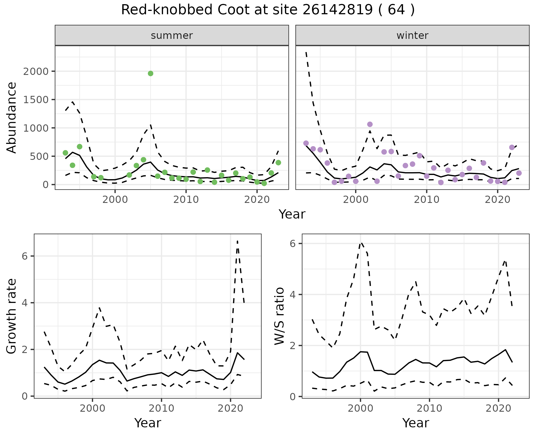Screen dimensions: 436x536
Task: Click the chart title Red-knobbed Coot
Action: click(267, 10)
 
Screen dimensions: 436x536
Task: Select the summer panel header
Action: click(172, 35)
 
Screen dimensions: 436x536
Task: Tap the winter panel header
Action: click(412, 35)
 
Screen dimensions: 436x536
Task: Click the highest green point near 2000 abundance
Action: click(150, 74)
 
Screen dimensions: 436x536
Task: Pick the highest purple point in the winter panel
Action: click(370, 124)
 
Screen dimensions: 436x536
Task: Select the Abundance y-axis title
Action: click(12, 117)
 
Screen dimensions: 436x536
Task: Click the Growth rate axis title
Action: click(12, 316)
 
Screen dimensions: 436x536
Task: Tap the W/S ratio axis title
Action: click(279, 316)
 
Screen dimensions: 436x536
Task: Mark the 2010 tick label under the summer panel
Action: click(186, 200)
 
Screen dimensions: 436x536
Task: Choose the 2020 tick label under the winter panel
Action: click(497, 200)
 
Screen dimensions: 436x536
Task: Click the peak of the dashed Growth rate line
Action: click(237, 241)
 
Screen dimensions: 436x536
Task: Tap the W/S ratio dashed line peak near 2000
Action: click(361, 243)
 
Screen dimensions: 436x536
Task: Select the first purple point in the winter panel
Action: click(306, 143)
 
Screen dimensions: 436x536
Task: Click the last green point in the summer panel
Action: click(278, 163)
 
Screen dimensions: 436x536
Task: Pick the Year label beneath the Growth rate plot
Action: click(148, 423)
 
